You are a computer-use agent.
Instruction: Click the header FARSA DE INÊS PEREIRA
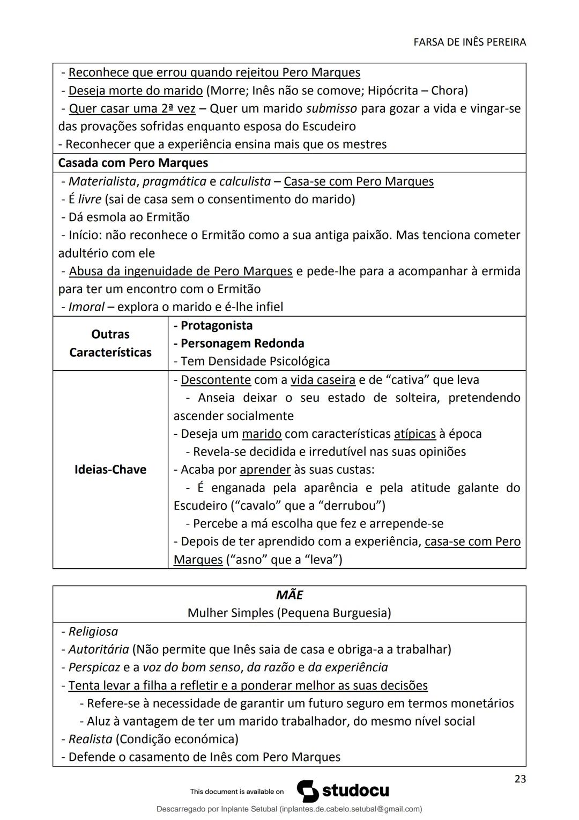[470, 42]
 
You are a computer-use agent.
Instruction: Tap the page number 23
[519, 779]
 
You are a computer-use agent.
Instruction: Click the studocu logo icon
[308, 791]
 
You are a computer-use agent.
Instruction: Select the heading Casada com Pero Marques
[133, 163]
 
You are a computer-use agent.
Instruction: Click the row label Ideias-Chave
[110, 470]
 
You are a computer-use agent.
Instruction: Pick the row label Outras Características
[110, 343]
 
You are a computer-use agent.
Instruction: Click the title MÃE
[289, 595]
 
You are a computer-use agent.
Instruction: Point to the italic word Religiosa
[93, 632]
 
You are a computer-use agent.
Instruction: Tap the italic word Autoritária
[99, 649]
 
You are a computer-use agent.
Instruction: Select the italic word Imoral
[86, 307]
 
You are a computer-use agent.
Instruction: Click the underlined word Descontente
[216, 380]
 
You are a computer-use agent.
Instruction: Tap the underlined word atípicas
[415, 434]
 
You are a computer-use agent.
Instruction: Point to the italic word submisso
[331, 108]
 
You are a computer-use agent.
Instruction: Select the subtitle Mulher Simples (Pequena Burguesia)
[289, 613]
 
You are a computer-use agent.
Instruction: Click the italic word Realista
[91, 739]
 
